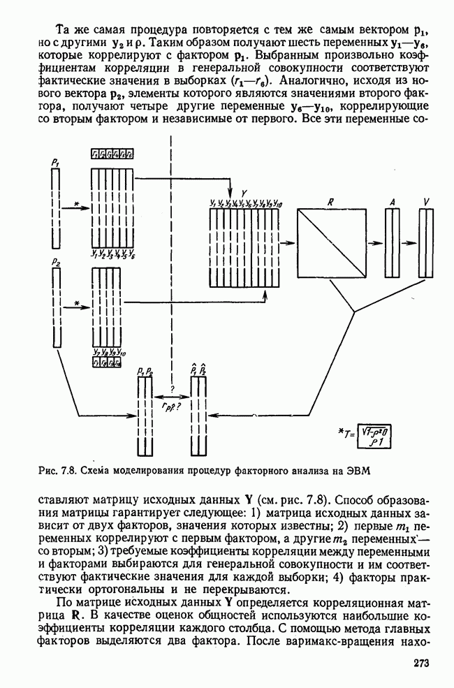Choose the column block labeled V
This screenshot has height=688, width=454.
pyautogui.click(x=427, y=242)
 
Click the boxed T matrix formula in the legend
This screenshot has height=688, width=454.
pyautogui.click(x=374, y=437)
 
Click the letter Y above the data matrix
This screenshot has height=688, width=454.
pyautogui.click(x=243, y=191)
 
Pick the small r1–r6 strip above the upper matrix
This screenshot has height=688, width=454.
pyautogui.click(x=112, y=154)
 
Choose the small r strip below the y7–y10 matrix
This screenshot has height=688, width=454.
pyautogui.click(x=108, y=363)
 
